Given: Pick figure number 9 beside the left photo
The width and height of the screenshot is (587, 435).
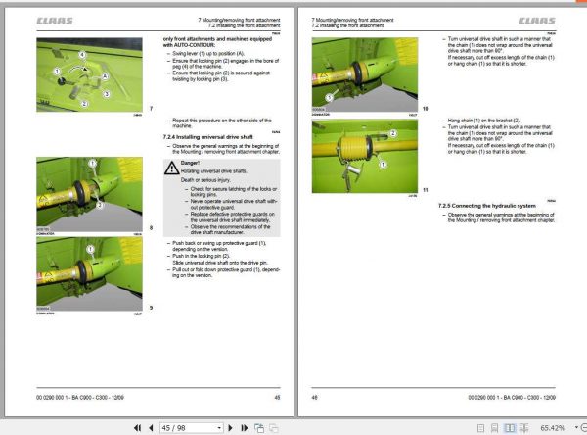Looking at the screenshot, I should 151,308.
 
